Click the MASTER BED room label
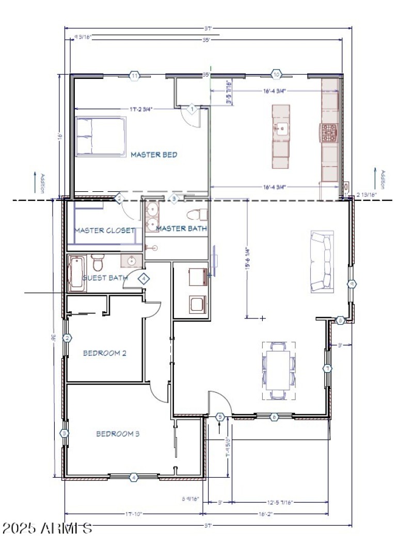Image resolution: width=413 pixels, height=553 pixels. point(154,155)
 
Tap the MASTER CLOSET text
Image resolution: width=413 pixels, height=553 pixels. point(105,230)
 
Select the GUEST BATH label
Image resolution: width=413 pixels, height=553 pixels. point(105,278)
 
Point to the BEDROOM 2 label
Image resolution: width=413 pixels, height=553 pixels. point(105,354)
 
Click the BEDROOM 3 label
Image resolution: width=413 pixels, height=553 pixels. point(118,434)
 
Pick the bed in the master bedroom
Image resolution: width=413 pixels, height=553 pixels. point(101,137)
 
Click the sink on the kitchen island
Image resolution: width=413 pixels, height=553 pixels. point(281,128)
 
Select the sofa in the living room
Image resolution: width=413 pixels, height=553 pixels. point(321,262)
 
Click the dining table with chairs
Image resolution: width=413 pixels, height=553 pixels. point(279,370)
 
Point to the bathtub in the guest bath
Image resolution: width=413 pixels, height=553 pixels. point(77,273)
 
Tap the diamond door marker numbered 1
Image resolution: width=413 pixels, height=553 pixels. point(192,109)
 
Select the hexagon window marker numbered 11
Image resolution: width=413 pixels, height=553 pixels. point(135,76)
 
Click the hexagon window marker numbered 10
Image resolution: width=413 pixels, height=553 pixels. point(276,75)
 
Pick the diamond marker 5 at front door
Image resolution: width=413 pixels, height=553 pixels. point(220,416)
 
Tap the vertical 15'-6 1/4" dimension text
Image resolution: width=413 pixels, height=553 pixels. point(248,258)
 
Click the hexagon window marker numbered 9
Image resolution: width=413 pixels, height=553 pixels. point(352,283)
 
